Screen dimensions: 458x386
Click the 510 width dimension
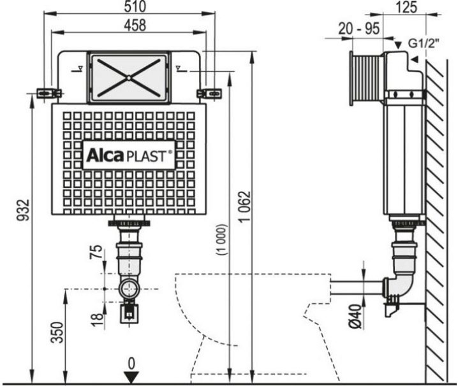click(135, 6)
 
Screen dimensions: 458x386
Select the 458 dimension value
click(135, 25)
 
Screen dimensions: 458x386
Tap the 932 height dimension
click(24, 210)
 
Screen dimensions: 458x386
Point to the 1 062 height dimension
click(245, 206)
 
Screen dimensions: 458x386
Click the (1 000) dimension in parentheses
click(221, 239)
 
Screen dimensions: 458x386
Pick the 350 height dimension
click(57, 332)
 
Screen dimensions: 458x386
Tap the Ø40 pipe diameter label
click(355, 317)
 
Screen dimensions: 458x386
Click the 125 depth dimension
click(407, 7)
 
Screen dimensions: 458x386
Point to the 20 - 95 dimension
click(359, 29)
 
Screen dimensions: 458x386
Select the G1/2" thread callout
click(424, 43)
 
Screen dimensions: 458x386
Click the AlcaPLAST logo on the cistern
click(129, 155)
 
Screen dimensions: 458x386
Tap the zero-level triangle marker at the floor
click(131, 377)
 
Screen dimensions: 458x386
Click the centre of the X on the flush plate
click(128, 78)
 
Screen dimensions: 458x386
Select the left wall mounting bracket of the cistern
click(49, 94)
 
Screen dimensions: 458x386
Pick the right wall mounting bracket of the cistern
click(209, 94)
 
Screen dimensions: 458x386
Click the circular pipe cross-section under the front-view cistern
click(129, 289)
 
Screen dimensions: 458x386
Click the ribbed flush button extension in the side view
click(367, 78)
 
